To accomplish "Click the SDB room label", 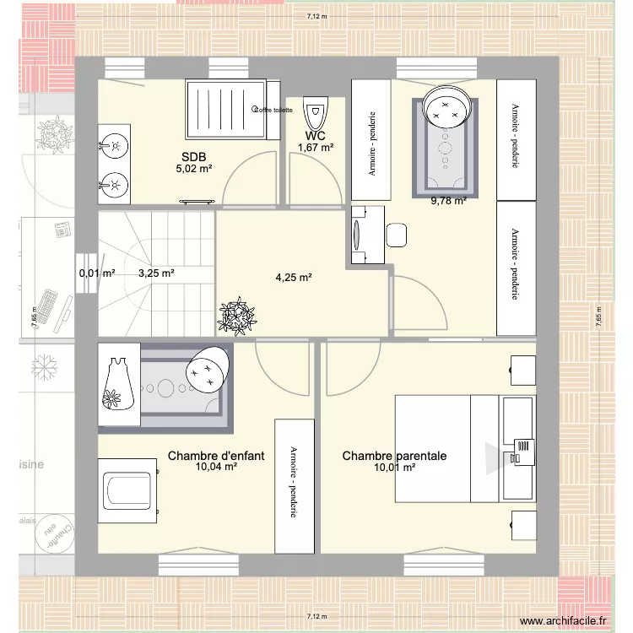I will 193,156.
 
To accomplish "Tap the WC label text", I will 316,137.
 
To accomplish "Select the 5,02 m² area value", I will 193,168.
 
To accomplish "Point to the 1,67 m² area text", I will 316,149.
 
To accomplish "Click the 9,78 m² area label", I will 448,201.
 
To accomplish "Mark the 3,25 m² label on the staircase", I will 156,273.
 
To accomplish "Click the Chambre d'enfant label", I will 216,456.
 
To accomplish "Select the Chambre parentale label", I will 394,456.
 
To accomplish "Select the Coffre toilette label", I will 272,110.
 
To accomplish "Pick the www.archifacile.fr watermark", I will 563,621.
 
